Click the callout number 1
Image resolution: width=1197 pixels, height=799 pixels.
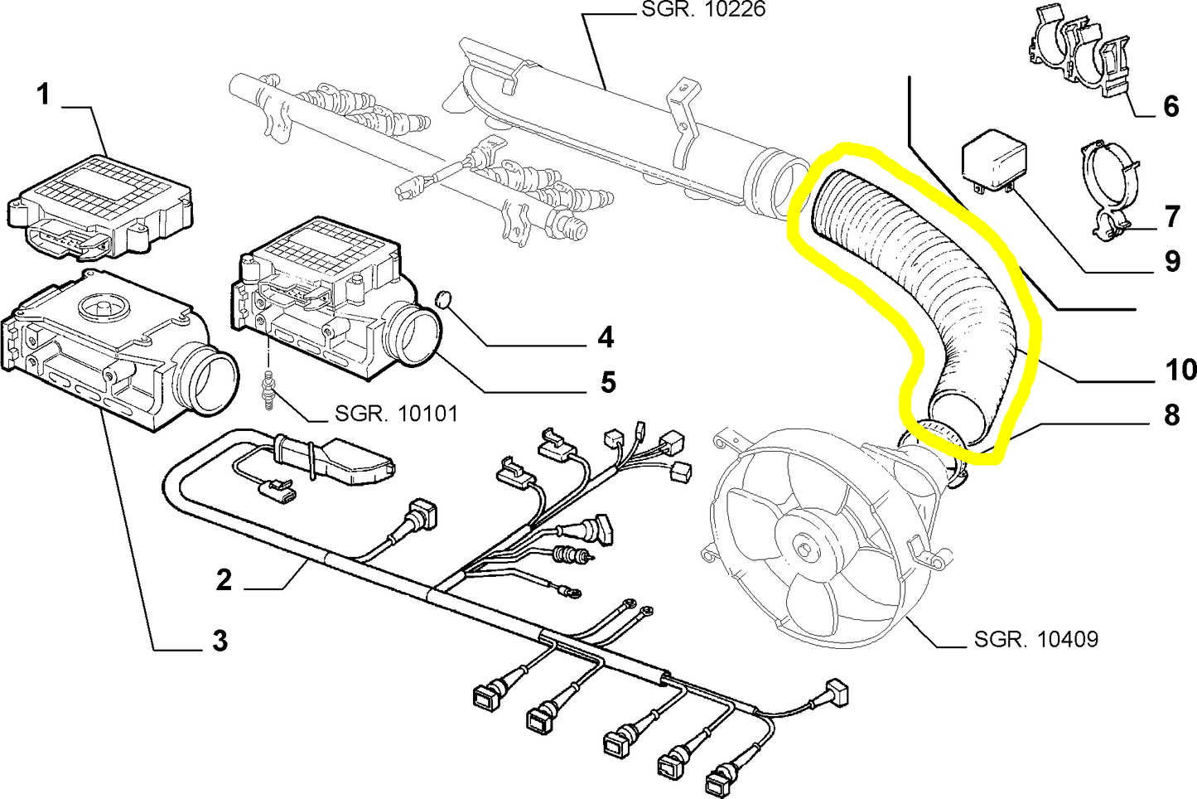point(44,94)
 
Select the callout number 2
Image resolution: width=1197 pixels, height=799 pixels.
point(224,579)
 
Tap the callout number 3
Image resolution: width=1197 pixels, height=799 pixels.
point(220,640)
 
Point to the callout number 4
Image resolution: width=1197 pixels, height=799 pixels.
point(606,337)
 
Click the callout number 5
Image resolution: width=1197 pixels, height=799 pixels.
point(608,382)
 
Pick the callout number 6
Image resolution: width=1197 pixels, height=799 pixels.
point(1170,106)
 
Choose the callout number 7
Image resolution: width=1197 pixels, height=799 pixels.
point(1171,217)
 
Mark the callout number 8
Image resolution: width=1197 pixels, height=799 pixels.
point(1171,414)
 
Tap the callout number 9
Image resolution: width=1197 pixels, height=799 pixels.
point(1171,262)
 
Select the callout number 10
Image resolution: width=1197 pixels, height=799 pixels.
point(1180,370)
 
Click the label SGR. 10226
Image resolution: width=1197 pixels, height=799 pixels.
point(703,10)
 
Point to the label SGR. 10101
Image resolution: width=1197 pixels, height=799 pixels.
point(396,413)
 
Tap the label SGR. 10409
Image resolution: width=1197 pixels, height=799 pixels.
point(1035,639)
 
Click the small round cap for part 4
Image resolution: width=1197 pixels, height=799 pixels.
point(445,298)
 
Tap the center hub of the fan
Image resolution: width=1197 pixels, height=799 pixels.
point(804,549)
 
